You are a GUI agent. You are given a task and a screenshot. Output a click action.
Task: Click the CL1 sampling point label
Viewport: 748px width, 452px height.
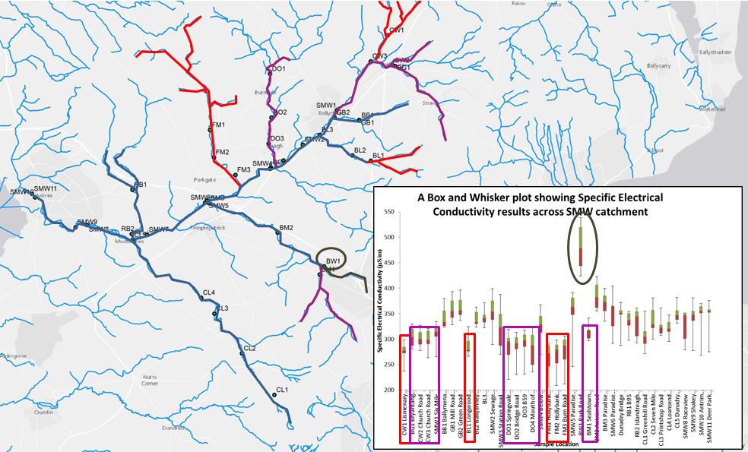[282, 390]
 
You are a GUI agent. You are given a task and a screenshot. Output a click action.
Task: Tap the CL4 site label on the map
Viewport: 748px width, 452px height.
[208, 293]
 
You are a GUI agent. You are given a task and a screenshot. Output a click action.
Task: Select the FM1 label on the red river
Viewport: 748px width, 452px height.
[218, 125]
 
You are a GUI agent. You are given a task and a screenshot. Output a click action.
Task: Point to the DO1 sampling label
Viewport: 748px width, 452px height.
[278, 69]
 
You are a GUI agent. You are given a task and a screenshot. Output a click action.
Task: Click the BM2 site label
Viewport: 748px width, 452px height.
[286, 228]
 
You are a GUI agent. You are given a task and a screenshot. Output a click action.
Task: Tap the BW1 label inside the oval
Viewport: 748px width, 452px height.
[332, 261]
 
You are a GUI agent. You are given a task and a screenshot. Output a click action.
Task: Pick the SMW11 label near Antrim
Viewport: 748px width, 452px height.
[46, 188]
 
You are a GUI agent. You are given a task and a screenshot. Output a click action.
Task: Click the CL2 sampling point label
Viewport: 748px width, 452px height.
[249, 348]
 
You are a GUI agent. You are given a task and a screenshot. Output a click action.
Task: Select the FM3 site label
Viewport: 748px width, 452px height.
[244, 170]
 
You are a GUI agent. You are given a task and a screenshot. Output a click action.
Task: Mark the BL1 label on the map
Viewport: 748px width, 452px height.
[378, 156]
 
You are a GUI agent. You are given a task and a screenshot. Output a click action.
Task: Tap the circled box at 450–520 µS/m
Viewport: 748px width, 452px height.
[582, 246]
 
